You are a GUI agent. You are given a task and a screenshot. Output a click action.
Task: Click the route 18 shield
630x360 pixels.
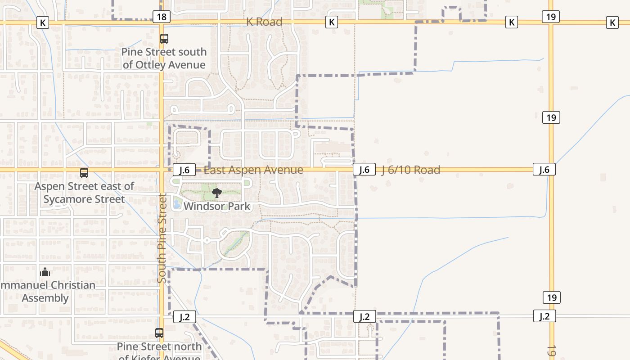pyautogui.click(x=162, y=17)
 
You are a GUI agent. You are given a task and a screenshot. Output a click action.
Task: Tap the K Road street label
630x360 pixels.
pyautogui.click(x=264, y=22)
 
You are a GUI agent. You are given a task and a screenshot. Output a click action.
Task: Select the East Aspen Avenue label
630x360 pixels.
pyautogui.click(x=253, y=170)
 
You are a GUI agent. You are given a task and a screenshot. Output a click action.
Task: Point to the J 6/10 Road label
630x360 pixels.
pyautogui.click(x=411, y=170)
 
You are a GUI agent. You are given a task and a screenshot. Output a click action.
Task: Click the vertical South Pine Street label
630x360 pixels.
pyautogui.click(x=162, y=238)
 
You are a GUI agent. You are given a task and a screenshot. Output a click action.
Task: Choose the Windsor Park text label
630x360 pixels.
pyautogui.click(x=216, y=206)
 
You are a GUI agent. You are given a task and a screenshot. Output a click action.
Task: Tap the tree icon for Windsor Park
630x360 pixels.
pyautogui.click(x=217, y=193)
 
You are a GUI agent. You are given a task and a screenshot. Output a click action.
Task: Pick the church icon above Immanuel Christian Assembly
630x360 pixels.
pyautogui.click(x=45, y=272)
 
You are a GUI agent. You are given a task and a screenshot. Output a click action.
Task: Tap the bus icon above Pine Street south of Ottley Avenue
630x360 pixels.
pyautogui.click(x=164, y=39)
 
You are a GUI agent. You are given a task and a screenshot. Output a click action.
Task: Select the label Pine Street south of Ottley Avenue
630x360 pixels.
pyautogui.click(x=164, y=58)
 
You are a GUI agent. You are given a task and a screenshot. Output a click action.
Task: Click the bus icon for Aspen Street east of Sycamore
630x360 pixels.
pyautogui.click(x=84, y=172)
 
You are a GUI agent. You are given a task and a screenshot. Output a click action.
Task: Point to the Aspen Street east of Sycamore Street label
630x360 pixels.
pyautogui.click(x=85, y=193)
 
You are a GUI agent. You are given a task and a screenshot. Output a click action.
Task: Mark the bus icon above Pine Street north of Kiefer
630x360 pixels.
pyautogui.click(x=159, y=333)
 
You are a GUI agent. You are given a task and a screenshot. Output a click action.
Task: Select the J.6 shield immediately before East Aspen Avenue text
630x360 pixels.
pyautogui.click(x=184, y=170)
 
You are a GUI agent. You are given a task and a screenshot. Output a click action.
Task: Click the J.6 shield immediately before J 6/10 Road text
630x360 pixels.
pyautogui.click(x=364, y=170)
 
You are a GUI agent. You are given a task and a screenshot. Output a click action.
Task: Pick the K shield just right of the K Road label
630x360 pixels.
pyautogui.click(x=332, y=22)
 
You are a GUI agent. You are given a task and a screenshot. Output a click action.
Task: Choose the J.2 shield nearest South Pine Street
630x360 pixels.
pyautogui.click(x=184, y=317)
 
